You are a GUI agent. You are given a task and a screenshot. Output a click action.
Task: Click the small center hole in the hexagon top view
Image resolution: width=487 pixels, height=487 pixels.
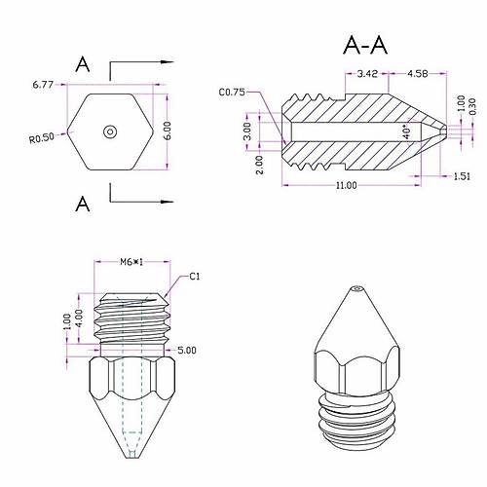click(110, 131)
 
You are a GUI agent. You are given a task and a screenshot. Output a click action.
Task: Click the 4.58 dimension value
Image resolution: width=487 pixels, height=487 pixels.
click(419, 73)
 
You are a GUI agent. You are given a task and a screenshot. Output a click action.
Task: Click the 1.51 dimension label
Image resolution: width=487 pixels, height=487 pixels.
click(462, 175)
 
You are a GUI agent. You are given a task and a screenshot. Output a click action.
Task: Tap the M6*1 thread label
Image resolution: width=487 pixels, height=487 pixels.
click(132, 262)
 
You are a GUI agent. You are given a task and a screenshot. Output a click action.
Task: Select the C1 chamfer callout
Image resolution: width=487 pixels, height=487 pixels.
click(195, 277)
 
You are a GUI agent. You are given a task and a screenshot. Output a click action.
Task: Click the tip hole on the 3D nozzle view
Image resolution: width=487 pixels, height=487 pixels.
click(356, 289)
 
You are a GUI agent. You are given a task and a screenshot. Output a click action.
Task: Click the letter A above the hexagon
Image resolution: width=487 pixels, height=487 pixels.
click(84, 64)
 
